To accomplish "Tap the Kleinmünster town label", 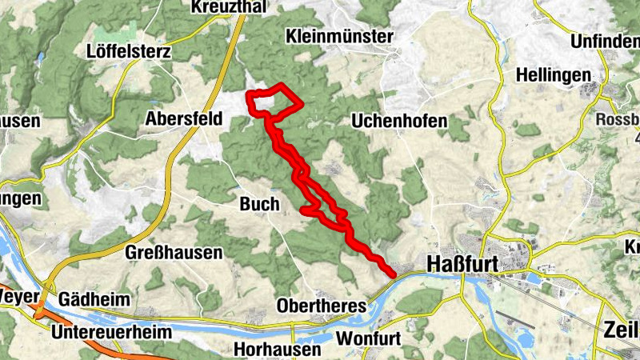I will pyautogui.click(x=339, y=37).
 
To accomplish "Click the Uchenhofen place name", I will pyautogui.click(x=398, y=120).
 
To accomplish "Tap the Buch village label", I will pyautogui.click(x=258, y=204).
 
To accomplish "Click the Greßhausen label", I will pyautogui.click(x=174, y=253).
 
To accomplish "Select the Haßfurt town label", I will pyautogui.click(x=462, y=264).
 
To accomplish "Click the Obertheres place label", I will pyautogui.click(x=321, y=306).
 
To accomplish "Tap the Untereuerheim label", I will pyautogui.click(x=102, y=331).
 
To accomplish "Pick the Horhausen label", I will pyautogui.click(x=278, y=349).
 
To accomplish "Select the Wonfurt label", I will pyautogui.click(x=368, y=338).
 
